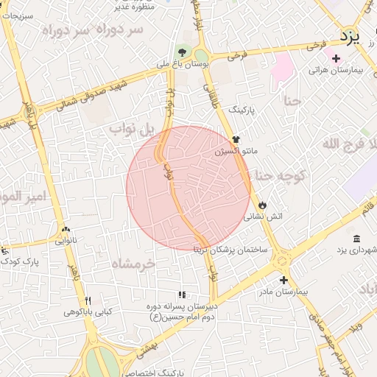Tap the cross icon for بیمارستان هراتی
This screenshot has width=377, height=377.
(x=336, y=58)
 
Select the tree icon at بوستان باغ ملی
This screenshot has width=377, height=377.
(x=182, y=52)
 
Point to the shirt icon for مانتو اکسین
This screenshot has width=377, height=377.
(x=236, y=138)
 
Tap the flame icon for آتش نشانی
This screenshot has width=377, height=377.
(x=263, y=204)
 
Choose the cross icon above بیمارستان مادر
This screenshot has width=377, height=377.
(x=283, y=280)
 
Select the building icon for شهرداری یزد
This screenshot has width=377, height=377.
(x=357, y=239)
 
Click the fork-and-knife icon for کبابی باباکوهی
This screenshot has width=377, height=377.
(x=88, y=300)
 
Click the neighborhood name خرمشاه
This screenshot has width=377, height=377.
(x=133, y=262)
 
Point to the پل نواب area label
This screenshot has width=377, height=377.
(x=133, y=129)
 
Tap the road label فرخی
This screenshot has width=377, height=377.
(x=236, y=54)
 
